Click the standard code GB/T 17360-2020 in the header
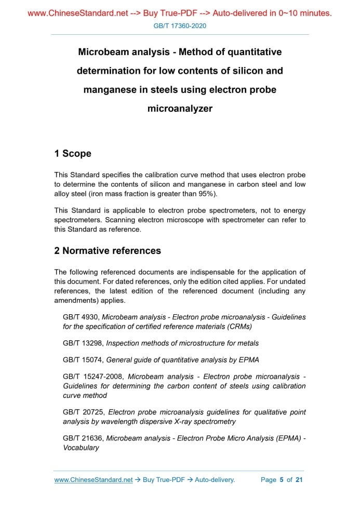(x=180, y=25)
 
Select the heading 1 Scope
(x=73, y=153)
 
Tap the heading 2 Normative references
(x=108, y=251)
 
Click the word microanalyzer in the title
(x=180, y=109)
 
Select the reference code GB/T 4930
(x=81, y=317)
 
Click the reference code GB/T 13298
(x=83, y=343)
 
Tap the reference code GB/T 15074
(x=83, y=360)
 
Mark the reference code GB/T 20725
(x=83, y=412)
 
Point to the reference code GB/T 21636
(x=83, y=438)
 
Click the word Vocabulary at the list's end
(x=81, y=447)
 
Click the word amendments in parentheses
(x=76, y=300)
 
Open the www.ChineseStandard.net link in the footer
(x=94, y=480)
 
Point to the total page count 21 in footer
(x=299, y=480)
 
